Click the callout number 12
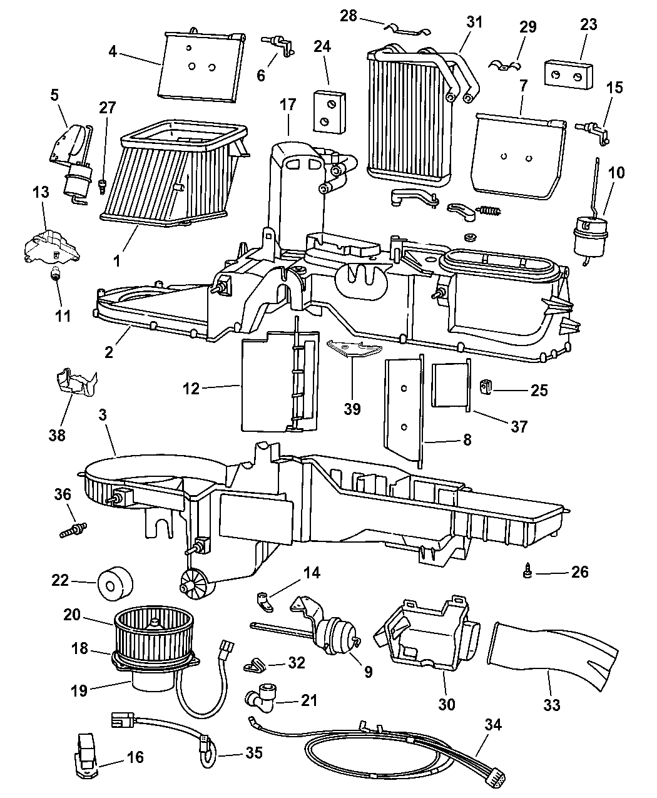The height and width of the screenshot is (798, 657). point(191,389)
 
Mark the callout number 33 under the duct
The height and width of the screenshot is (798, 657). point(551,705)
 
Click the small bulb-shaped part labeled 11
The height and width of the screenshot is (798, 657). point(57,275)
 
